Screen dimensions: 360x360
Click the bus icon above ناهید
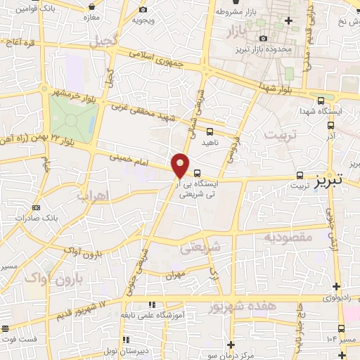210,131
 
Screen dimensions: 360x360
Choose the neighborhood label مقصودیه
288,237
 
